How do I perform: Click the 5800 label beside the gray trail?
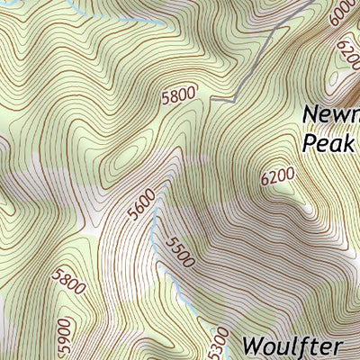[178, 96]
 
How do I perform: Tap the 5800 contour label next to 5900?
[69, 282]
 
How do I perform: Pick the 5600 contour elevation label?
[141, 205]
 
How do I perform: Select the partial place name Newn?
[331, 116]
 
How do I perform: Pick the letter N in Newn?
[312, 116]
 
